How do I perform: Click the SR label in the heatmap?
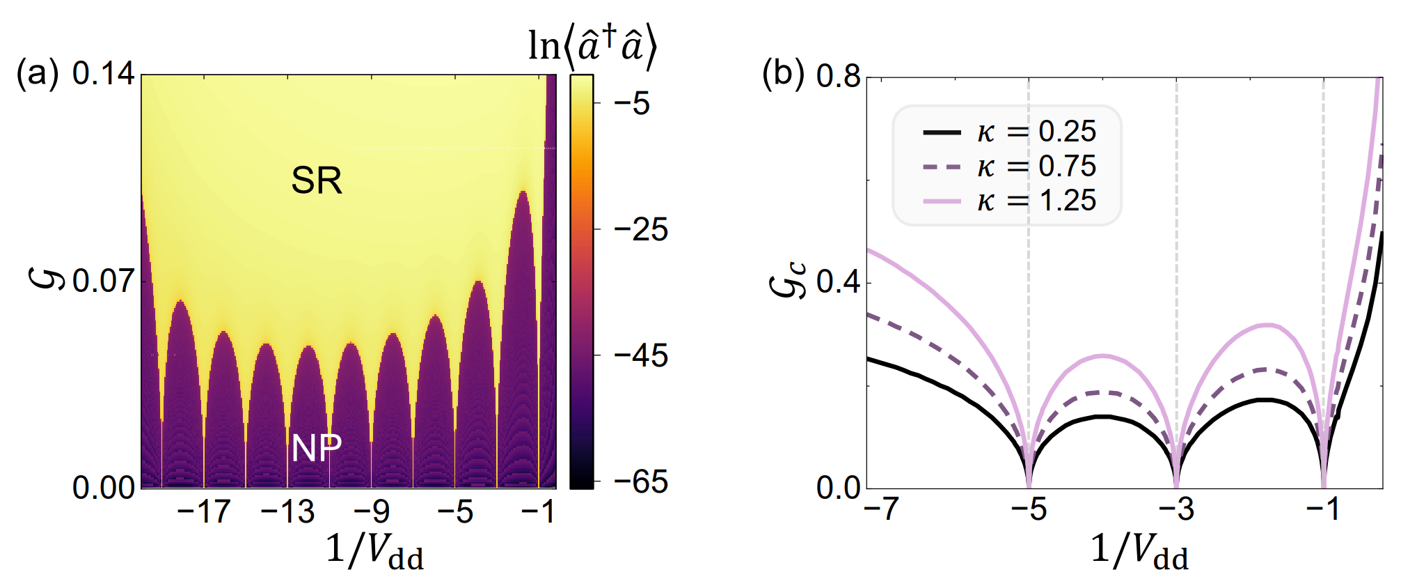coord(317,180)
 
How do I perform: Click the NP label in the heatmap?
coord(317,447)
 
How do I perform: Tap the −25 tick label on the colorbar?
coord(640,230)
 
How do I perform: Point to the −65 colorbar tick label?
coord(640,482)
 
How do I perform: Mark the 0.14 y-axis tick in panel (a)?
coord(103,74)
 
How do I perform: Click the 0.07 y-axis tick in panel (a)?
coord(103,282)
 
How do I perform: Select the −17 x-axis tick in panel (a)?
coord(203,512)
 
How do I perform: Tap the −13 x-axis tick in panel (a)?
coord(287,512)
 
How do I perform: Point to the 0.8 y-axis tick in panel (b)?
coord(839,77)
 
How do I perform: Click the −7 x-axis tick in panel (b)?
coord(881,509)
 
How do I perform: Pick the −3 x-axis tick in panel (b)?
coord(1176,509)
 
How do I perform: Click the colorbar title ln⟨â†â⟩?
coord(592,47)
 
